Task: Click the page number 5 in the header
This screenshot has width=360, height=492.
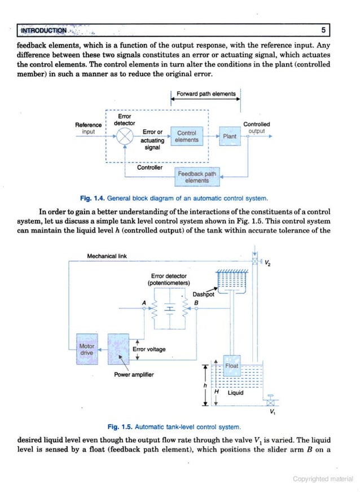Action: [x=323, y=30]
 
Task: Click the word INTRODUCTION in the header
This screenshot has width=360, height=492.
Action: [x=43, y=30]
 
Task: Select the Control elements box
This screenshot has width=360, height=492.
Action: [x=187, y=137]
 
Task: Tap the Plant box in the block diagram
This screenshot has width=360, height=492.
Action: [x=230, y=137]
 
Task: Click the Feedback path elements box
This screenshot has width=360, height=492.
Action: [x=197, y=177]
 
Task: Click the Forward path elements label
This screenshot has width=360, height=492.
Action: [x=206, y=94]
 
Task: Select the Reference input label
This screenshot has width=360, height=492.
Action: [x=89, y=128]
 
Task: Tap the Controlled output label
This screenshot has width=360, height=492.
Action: [x=256, y=128]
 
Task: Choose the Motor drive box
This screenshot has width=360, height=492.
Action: [x=87, y=349]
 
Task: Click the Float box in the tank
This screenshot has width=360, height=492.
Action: [x=232, y=366]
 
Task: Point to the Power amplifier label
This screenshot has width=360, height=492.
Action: [x=134, y=375]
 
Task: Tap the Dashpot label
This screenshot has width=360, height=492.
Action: [x=203, y=295]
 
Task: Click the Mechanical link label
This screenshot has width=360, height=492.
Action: [x=107, y=256]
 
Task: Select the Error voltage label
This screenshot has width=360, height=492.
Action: [x=149, y=349]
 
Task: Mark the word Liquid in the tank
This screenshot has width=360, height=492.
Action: [x=236, y=393]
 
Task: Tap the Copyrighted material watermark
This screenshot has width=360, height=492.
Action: [x=323, y=479]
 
